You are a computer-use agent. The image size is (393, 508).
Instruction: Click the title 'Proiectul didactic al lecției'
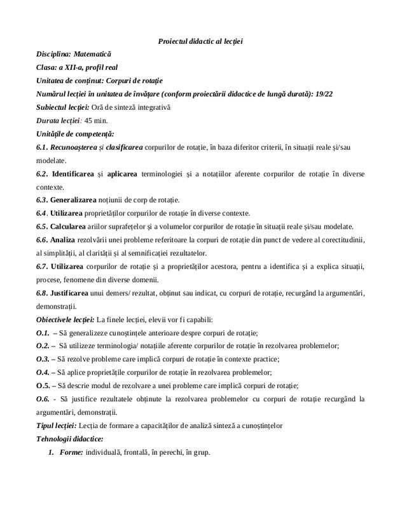200,41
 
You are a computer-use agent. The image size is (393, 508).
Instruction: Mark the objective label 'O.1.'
43,335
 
